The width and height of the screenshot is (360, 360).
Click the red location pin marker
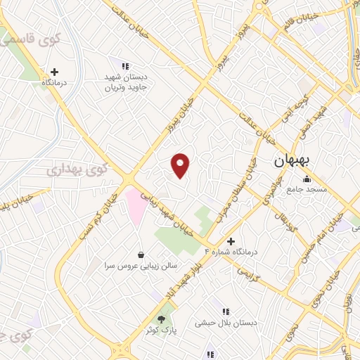181,165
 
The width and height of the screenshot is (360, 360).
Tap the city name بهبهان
288,161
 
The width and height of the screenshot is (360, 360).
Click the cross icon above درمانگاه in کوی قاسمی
54,71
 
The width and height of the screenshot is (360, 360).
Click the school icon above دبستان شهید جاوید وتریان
125,66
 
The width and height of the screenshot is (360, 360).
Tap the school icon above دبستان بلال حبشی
226,311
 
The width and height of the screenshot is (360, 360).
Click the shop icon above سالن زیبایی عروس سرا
143,254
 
